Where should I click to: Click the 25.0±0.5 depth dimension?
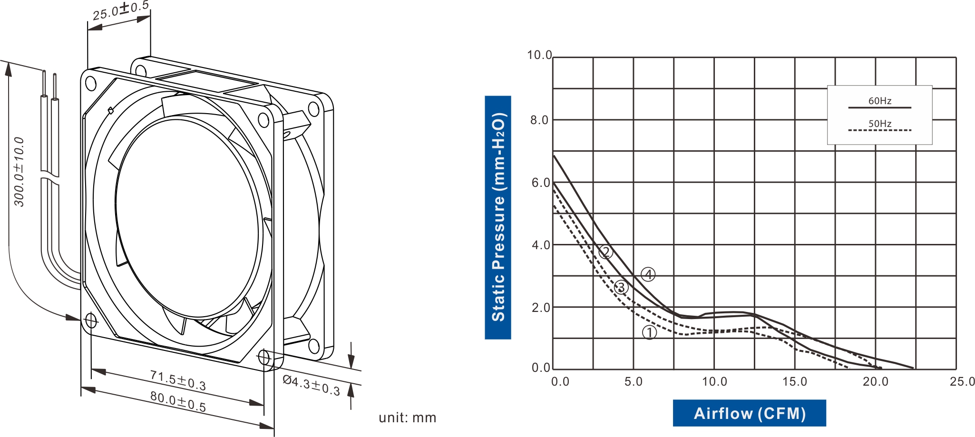[x=120, y=10]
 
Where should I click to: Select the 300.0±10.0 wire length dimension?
[x=19, y=172]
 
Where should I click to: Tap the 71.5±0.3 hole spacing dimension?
[x=178, y=380]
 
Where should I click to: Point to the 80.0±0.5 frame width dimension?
[x=178, y=401]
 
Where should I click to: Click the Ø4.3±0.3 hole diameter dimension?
[x=312, y=386]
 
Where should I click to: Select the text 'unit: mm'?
[x=407, y=418]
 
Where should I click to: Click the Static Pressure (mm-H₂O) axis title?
[x=498, y=217]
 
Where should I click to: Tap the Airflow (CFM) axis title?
[x=749, y=413]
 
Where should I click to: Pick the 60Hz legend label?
[x=879, y=101]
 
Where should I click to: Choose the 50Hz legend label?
[x=879, y=124]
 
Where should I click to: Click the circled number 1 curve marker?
[x=649, y=333]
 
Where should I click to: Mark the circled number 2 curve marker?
[x=605, y=252]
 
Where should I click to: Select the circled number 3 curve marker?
[x=621, y=287]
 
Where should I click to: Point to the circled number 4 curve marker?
[x=648, y=274]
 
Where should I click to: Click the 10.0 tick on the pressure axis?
[x=539, y=55]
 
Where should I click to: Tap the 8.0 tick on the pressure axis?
[x=540, y=120]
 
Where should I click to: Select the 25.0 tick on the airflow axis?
[x=962, y=382]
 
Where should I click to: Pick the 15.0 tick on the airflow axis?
[x=795, y=382]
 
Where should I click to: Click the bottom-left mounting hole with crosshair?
[x=90, y=320]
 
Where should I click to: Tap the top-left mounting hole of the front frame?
[x=91, y=84]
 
